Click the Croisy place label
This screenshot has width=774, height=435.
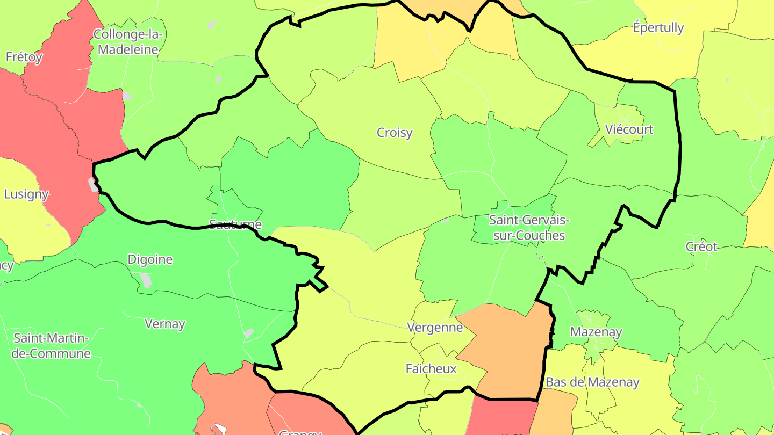click(395, 132)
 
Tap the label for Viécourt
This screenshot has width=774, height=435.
click(629, 129)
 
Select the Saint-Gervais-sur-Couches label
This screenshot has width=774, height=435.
click(529, 228)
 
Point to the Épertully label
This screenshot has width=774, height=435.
click(658, 27)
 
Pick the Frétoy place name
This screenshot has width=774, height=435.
click(24, 57)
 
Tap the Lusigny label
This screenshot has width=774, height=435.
click(26, 194)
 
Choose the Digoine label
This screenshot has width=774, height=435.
click(150, 260)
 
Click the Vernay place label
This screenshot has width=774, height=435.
click(165, 324)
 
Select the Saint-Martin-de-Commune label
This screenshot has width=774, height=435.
click(52, 346)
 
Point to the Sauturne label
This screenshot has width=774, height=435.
click(235, 224)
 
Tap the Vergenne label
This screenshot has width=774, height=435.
click(435, 328)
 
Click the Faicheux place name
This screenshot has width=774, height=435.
click(431, 369)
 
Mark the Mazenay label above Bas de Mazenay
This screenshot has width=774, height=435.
click(596, 332)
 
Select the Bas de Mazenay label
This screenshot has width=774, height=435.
click(592, 382)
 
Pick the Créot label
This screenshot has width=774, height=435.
click(701, 247)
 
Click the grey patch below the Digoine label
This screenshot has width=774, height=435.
click(146, 280)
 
